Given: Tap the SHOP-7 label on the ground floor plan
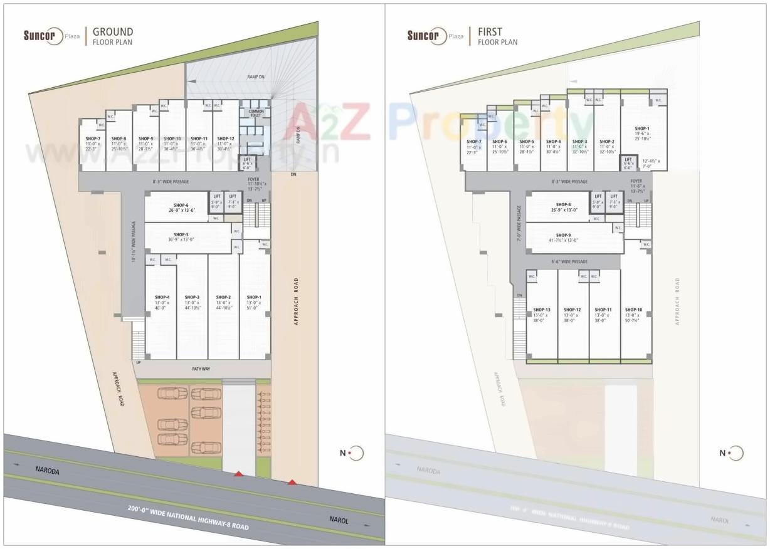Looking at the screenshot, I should click(x=93, y=139).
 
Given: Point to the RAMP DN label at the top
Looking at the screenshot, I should click(x=256, y=76).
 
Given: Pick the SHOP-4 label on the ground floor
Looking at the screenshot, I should click(x=162, y=297).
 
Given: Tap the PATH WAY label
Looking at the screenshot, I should click(x=201, y=369).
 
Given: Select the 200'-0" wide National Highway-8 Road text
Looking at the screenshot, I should click(x=188, y=517).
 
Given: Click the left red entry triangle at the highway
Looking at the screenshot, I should click(x=239, y=474).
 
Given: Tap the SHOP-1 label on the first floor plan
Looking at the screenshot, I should click(x=642, y=128).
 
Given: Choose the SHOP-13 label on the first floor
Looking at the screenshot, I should click(x=542, y=310).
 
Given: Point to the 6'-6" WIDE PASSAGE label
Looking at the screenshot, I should click(x=569, y=261).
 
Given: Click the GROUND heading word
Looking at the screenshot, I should click(x=113, y=32).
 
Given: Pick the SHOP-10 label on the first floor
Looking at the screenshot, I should click(x=633, y=310).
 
